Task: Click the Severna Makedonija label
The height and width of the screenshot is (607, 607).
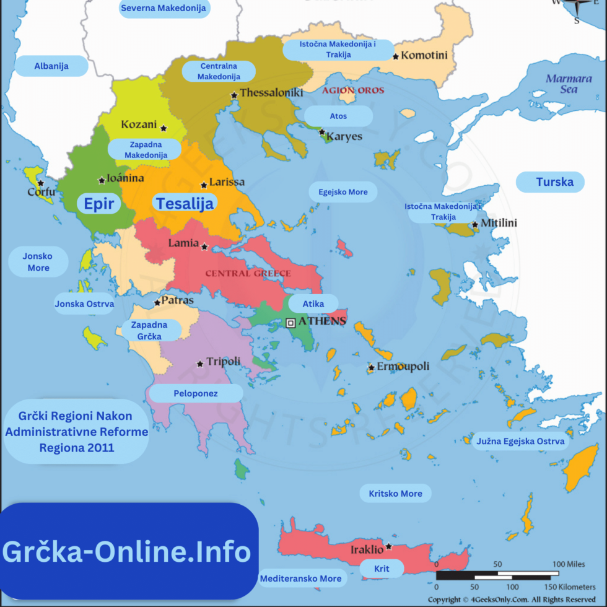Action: click(x=164, y=8)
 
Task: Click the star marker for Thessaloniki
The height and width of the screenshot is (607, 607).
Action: click(x=234, y=95)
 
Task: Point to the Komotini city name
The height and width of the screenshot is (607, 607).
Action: click(x=424, y=56)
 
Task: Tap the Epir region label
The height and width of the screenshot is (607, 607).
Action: click(x=99, y=204)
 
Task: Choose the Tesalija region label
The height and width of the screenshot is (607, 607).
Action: click(x=185, y=203)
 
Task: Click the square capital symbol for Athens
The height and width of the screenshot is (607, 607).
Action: click(x=290, y=322)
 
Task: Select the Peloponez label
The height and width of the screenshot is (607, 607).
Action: click(x=196, y=393)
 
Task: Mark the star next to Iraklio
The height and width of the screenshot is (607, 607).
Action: click(x=388, y=546)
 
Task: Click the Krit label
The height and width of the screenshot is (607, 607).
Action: click(x=382, y=568)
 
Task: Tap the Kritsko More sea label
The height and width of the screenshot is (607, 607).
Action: click(x=395, y=494)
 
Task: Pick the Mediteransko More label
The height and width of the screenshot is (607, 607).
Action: click(x=300, y=579)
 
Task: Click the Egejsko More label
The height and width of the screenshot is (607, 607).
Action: click(x=343, y=192)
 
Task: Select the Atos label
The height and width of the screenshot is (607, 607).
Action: click(x=338, y=116)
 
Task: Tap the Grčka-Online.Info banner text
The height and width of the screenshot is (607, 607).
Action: click(x=127, y=551)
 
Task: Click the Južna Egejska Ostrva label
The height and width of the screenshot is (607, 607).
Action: click(x=520, y=442)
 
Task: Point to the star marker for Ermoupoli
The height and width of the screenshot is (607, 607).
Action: click(x=371, y=367)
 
